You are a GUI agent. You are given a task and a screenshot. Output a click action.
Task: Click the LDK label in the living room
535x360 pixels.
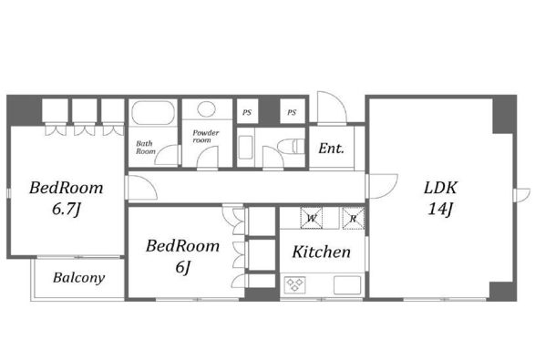pyautogui.click(x=440, y=188)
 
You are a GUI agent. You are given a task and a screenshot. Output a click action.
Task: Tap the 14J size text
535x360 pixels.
pyautogui.click(x=440, y=209)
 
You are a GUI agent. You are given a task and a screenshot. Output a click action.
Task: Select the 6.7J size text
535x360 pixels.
pyautogui.click(x=67, y=209)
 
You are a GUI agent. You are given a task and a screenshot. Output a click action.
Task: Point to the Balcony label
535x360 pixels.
pyautogui.click(x=78, y=278)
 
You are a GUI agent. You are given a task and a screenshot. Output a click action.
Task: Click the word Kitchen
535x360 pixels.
pyautogui.click(x=322, y=252)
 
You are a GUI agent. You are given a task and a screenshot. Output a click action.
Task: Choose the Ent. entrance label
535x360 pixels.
pyautogui.click(x=332, y=149)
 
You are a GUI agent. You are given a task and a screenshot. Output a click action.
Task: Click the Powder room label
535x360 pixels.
pyautogui.click(x=205, y=136)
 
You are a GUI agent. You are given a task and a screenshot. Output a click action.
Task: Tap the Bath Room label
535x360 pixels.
pyautogui.click(x=146, y=148)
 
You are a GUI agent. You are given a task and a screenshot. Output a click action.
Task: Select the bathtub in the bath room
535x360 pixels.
pyautogui.click(x=153, y=113)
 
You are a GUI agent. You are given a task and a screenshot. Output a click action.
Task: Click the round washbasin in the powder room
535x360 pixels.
pyautogui.click(x=206, y=109)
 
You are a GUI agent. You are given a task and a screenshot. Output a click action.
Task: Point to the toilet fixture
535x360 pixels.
pyautogui.click(x=291, y=147)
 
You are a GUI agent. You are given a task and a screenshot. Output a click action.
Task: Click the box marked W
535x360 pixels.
pyautogui.click(x=312, y=217)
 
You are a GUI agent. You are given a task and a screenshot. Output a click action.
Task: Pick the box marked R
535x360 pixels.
pyautogui.click(x=354, y=218)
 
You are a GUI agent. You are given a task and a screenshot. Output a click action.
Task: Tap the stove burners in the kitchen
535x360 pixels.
pyautogui.click(x=294, y=284)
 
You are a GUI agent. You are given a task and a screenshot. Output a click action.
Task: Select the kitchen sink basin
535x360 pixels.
pyautogui.click(x=347, y=285)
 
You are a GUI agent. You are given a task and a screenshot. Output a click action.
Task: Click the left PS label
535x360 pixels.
pyautogui.click(x=247, y=112)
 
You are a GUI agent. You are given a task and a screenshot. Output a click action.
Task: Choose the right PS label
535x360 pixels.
pyautogui.click(x=292, y=112)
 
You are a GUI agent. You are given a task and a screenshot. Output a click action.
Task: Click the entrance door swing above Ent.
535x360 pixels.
pyautogui.click(x=332, y=107)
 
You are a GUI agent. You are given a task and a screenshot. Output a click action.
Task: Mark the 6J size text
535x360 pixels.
pyautogui.click(x=183, y=267)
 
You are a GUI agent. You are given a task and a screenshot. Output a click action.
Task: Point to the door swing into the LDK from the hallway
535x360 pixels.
pyautogui.click(x=383, y=186)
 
